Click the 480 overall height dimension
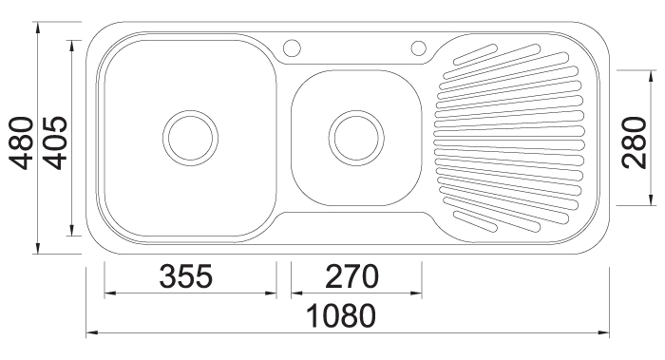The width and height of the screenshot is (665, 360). (21, 142)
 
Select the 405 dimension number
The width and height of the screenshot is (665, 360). (55, 142)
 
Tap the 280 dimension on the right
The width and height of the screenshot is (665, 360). (634, 142)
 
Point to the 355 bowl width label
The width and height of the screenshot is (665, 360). (186, 276)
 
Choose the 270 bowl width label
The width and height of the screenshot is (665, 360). (351, 276)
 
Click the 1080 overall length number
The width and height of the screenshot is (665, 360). (341, 316)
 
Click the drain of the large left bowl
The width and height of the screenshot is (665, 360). (190, 138)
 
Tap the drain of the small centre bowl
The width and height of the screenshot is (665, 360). (356, 138)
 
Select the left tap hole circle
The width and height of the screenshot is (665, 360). (292, 47)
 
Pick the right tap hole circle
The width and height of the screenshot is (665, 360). (419, 47)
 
